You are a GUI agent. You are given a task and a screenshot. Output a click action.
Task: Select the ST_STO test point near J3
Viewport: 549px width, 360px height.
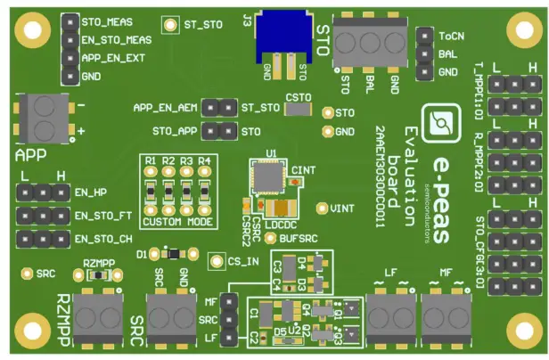pos(170,24)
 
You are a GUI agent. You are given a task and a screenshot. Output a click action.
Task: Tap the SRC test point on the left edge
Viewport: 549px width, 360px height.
pos(27,273)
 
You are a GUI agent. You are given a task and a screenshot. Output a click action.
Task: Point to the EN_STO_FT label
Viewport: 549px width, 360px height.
pos(104,215)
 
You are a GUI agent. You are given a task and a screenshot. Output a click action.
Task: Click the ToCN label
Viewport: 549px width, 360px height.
pos(451,37)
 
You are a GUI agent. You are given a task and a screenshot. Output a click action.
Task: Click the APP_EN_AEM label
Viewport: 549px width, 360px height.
pos(166,108)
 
